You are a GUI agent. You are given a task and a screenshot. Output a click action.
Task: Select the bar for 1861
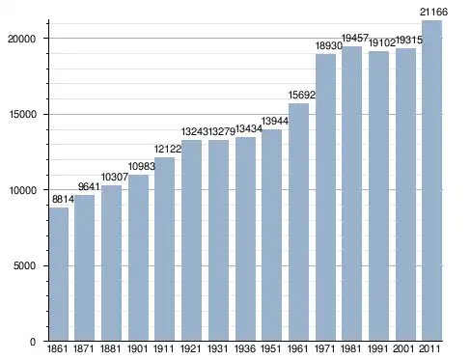pos(59,274)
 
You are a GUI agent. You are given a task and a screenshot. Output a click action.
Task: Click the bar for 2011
pos(431,180)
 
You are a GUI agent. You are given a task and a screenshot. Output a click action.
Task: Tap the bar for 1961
pos(298,222)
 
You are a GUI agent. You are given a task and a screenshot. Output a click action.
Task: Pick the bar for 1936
pos(245,239)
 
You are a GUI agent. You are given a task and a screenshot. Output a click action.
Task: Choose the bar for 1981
pos(352,194)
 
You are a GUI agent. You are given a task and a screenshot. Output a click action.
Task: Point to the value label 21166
pos(433,12)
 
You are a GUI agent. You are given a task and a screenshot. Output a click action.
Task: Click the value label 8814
pos(63,200)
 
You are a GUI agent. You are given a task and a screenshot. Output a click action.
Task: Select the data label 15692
pos(302,95)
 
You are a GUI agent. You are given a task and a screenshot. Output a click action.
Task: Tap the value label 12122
pos(168,149)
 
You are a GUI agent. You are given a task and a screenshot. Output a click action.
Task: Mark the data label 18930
pos(329,45)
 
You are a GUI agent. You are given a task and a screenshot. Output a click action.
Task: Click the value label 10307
pos(115,177)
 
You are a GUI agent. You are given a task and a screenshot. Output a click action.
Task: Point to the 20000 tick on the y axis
pos(21,39)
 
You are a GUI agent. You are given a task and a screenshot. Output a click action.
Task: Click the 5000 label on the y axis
pos(24,265)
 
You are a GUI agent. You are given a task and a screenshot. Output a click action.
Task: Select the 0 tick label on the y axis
pos(33,342)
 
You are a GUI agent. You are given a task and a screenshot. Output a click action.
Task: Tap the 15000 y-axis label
pos(22,114)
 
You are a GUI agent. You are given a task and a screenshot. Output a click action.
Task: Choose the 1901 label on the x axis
pos(137,348)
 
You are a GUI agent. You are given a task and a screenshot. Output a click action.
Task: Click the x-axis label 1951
pos(271,348)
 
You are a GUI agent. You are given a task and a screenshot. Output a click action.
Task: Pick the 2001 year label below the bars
pos(403,348)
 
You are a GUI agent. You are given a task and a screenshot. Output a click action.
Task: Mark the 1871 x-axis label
pos(84,348)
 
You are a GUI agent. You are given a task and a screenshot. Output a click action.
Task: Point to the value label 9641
pos(89,187)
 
